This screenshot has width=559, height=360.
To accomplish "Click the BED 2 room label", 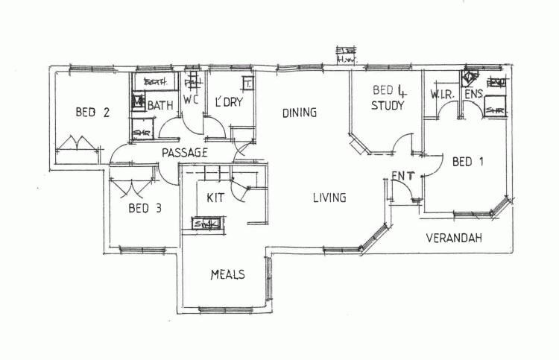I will pyautogui.click(x=93, y=113).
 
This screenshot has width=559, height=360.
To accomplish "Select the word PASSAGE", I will pyautogui.click(x=183, y=152).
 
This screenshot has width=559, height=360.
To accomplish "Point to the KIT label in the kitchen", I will pyautogui.click(x=216, y=198).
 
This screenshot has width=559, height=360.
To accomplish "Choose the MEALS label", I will pyautogui.click(x=228, y=274).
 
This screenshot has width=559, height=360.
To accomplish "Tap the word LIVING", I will pyautogui.click(x=329, y=198).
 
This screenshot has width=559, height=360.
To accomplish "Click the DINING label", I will pyautogui.click(x=300, y=113).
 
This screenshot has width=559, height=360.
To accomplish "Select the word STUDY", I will pyautogui.click(x=388, y=106).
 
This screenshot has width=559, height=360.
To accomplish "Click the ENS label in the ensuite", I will pyautogui.click(x=473, y=95).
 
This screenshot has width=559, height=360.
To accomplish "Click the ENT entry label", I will pyautogui.click(x=402, y=176).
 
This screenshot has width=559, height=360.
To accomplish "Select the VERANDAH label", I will pyautogui.click(x=454, y=239).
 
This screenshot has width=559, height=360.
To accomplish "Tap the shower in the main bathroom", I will pyautogui.click(x=142, y=133).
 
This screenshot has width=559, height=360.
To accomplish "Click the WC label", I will pyautogui.click(x=191, y=100).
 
